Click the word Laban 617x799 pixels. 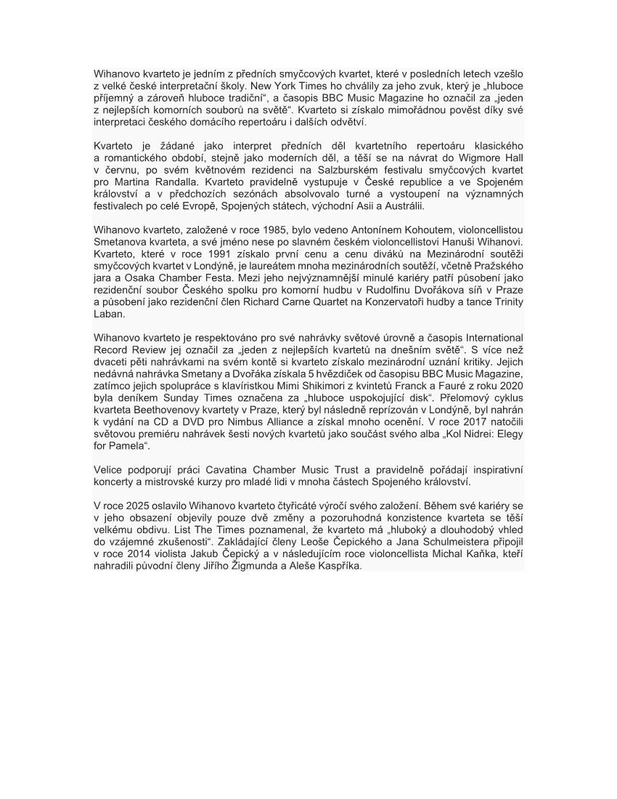pyautogui.click(x=109, y=314)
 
